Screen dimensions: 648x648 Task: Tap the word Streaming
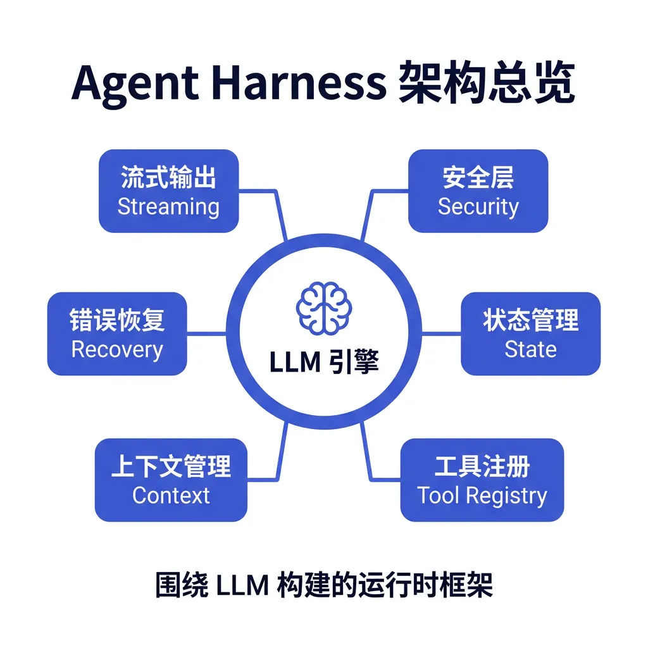[x=168, y=207]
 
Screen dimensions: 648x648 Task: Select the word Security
[x=478, y=207]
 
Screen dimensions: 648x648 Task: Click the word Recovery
[x=117, y=350]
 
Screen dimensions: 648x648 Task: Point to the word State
[x=530, y=350]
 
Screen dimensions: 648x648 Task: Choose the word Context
[x=171, y=495]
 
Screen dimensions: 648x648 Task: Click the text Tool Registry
[x=482, y=495]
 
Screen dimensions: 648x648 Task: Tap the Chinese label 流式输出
[x=168, y=178]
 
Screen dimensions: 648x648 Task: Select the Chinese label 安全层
[x=478, y=178]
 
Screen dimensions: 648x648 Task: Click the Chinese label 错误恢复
[x=117, y=321]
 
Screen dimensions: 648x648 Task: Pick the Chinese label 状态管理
[x=530, y=321]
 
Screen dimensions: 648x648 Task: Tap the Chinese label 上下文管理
[x=171, y=467]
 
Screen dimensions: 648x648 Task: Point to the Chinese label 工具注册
[x=482, y=467]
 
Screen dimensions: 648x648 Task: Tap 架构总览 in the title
[x=487, y=82]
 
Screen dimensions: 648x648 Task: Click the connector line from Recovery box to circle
[x=206, y=333]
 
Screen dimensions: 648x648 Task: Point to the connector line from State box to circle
[x=441, y=333]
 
